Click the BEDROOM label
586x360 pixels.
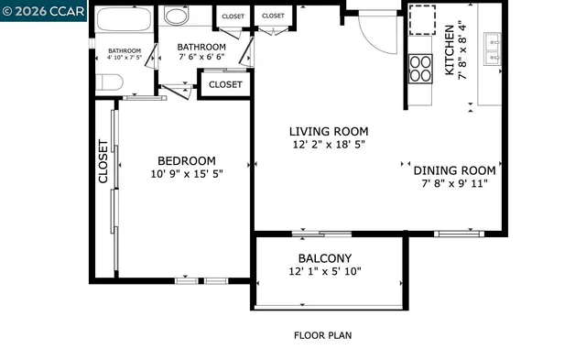pos(186,159)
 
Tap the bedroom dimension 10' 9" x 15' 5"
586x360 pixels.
pos(186,173)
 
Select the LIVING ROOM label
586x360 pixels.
pos(330,131)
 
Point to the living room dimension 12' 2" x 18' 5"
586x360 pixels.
pos(330,145)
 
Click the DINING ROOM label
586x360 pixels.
pos(454,170)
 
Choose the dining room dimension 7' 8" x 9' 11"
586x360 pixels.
pos(454,184)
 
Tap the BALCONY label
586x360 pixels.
pos(324,258)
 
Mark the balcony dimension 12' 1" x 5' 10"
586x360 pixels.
pos(324,272)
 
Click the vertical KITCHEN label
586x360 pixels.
pos(450,50)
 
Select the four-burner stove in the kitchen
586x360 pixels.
pos(419,69)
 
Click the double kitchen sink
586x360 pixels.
pos(489,42)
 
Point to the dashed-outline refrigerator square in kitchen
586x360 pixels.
pos(422,19)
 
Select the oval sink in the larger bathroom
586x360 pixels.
pos(177,16)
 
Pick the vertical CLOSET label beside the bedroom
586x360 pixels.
pos(103,160)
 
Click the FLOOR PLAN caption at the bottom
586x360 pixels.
pos(322,335)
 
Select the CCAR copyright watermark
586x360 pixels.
pos(43,10)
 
